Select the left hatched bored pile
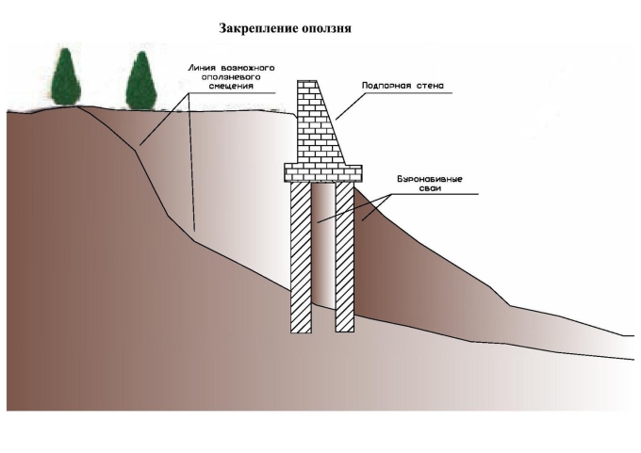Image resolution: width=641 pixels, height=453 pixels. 301,256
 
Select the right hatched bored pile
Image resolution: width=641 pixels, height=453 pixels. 344,256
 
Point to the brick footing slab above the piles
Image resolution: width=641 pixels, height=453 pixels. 322,172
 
